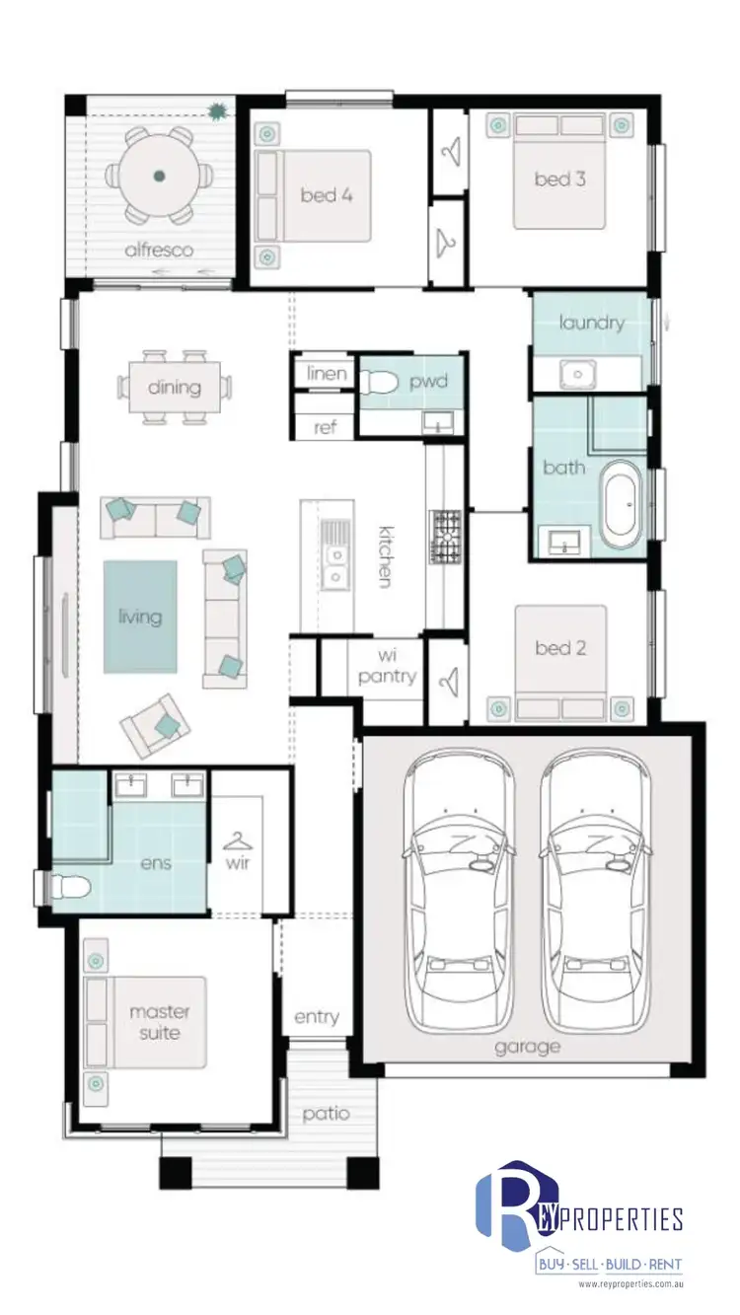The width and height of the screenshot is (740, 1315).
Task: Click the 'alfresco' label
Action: pyautogui.click(x=159, y=251)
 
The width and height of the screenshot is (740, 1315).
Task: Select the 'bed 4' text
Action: pyautogui.click(x=327, y=195)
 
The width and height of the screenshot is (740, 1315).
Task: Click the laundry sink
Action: pyautogui.click(x=574, y=374)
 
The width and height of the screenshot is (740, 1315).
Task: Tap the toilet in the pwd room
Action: pyautogui.click(x=379, y=383)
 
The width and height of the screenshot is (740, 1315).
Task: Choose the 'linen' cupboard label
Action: pyautogui.click(x=326, y=373)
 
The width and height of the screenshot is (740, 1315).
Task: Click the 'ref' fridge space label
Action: pyautogui.click(x=326, y=426)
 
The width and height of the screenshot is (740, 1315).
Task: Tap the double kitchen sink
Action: pyautogui.click(x=336, y=553)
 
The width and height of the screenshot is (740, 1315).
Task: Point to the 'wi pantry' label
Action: pyautogui.click(x=387, y=666)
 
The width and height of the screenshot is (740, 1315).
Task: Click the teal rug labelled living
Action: pyautogui.click(x=140, y=617)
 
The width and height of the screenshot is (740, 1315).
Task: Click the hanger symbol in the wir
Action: pyautogui.click(x=238, y=841)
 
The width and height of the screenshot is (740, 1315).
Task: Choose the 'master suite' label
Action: pyautogui.click(x=160, y=1022)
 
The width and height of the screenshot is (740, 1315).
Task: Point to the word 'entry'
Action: pyautogui.click(x=317, y=1017)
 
